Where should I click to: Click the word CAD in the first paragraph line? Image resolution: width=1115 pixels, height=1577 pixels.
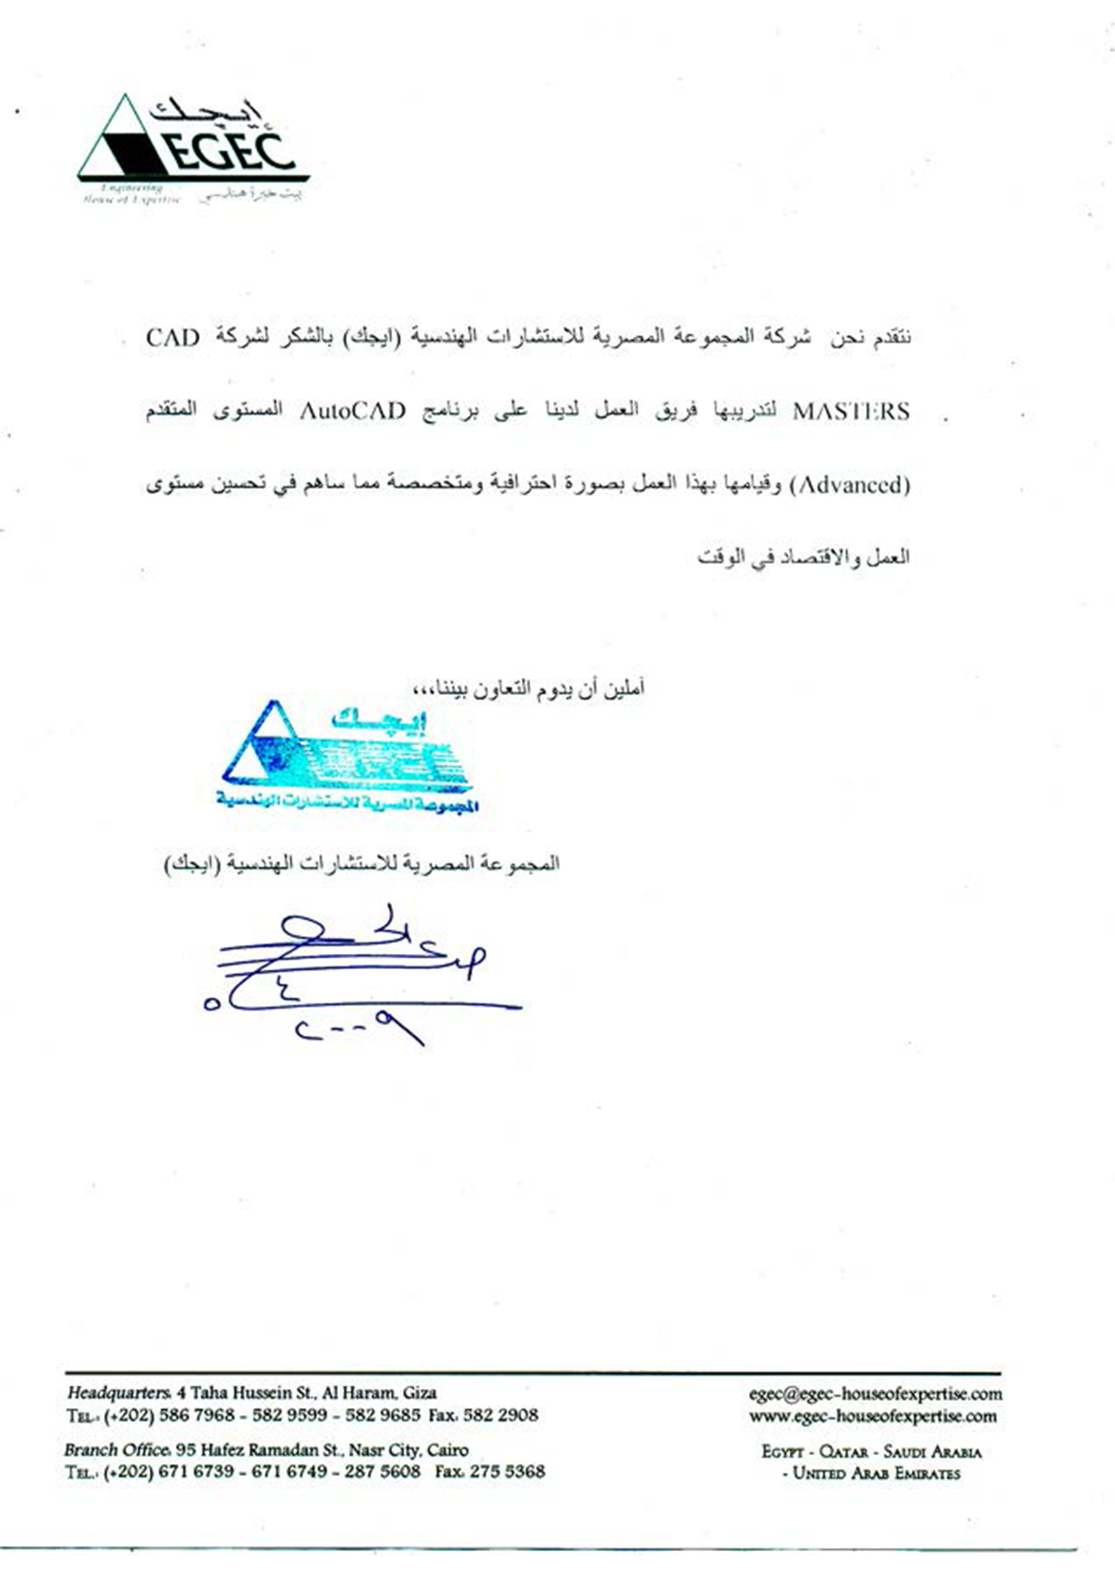(x=172, y=338)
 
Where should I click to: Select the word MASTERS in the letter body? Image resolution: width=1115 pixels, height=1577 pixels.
(x=851, y=412)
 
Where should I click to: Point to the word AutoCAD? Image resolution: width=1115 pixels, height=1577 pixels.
(x=352, y=412)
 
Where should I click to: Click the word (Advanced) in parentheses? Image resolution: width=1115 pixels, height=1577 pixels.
(x=851, y=486)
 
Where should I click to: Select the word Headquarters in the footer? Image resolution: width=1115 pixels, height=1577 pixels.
(x=118, y=1393)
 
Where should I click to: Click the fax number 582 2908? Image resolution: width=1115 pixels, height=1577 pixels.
(x=500, y=1415)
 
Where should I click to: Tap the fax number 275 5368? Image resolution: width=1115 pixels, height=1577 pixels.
(x=507, y=1472)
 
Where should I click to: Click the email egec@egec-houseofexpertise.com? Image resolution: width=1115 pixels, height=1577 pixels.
(x=875, y=1394)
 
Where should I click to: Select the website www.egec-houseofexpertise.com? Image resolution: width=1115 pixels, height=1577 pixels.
(x=872, y=1416)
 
